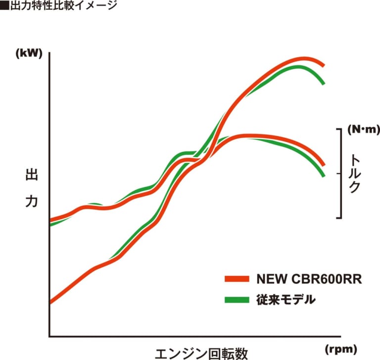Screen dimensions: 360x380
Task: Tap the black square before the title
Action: [3, 6]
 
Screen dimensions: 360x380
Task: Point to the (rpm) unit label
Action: [341, 349]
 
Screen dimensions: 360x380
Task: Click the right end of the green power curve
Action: [324, 83]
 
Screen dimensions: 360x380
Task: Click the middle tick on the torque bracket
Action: [339, 174]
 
